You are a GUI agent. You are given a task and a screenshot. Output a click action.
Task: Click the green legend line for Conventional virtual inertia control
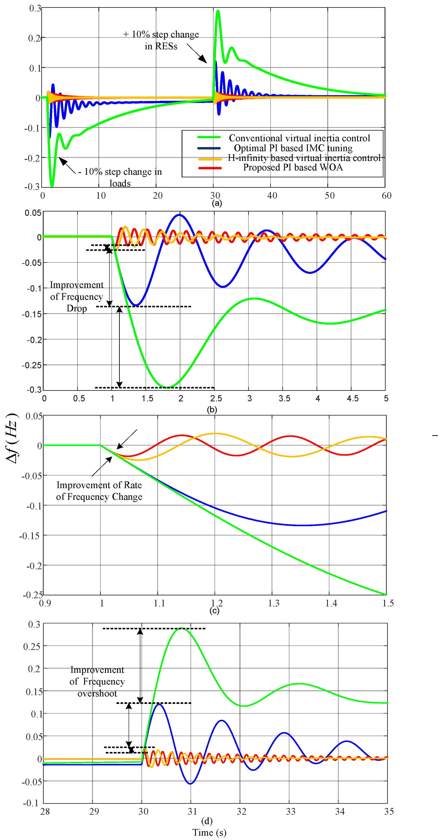click(209, 137)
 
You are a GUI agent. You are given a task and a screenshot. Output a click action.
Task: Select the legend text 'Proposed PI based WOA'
click(293, 167)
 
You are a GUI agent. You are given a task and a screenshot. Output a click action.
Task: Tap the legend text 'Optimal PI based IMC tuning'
click(293, 148)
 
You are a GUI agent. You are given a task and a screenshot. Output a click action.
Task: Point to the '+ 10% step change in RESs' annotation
click(161, 40)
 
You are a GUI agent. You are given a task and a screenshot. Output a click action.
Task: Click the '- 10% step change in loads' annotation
click(120, 177)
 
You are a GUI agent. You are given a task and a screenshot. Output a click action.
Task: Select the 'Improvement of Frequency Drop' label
click(77, 297)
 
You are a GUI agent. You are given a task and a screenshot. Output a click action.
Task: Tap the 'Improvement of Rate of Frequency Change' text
click(99, 491)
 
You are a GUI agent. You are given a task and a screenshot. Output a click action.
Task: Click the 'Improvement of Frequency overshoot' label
click(97, 681)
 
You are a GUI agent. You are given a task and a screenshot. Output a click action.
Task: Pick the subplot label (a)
click(217, 203)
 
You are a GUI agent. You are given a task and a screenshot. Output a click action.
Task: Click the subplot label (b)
click(212, 410)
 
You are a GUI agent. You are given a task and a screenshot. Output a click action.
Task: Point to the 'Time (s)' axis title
click(209, 832)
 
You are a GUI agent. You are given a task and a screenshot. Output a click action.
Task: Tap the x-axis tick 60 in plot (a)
click(386, 196)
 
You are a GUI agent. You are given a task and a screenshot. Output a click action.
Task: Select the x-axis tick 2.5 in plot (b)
click(216, 398)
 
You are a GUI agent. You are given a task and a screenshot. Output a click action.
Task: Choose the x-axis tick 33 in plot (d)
click(290, 811)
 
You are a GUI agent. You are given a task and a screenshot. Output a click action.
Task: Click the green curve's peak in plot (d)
click(181, 628)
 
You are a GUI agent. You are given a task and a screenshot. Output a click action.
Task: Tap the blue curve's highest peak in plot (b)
click(179, 215)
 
